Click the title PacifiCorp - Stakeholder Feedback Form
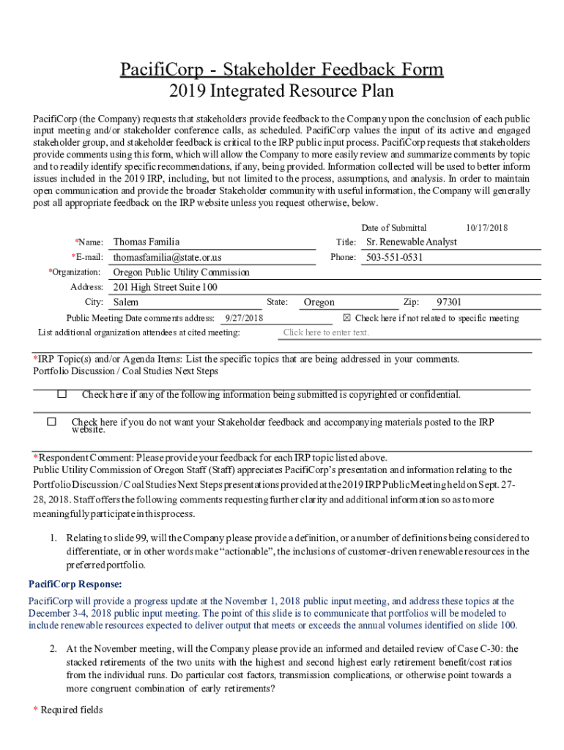click(282, 70)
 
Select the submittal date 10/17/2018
click(486, 228)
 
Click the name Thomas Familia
click(146, 242)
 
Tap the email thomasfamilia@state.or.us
click(167, 257)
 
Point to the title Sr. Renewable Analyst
click(411, 242)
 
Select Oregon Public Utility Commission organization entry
click(181, 272)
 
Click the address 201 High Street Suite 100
click(165, 287)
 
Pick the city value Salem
click(125, 302)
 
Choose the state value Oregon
click(319, 302)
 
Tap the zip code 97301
click(449, 302)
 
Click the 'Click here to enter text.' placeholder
click(326, 333)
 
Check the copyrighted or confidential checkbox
click(62, 394)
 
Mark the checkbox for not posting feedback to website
click(51, 422)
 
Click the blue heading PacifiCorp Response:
click(75, 584)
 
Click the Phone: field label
click(343, 257)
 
